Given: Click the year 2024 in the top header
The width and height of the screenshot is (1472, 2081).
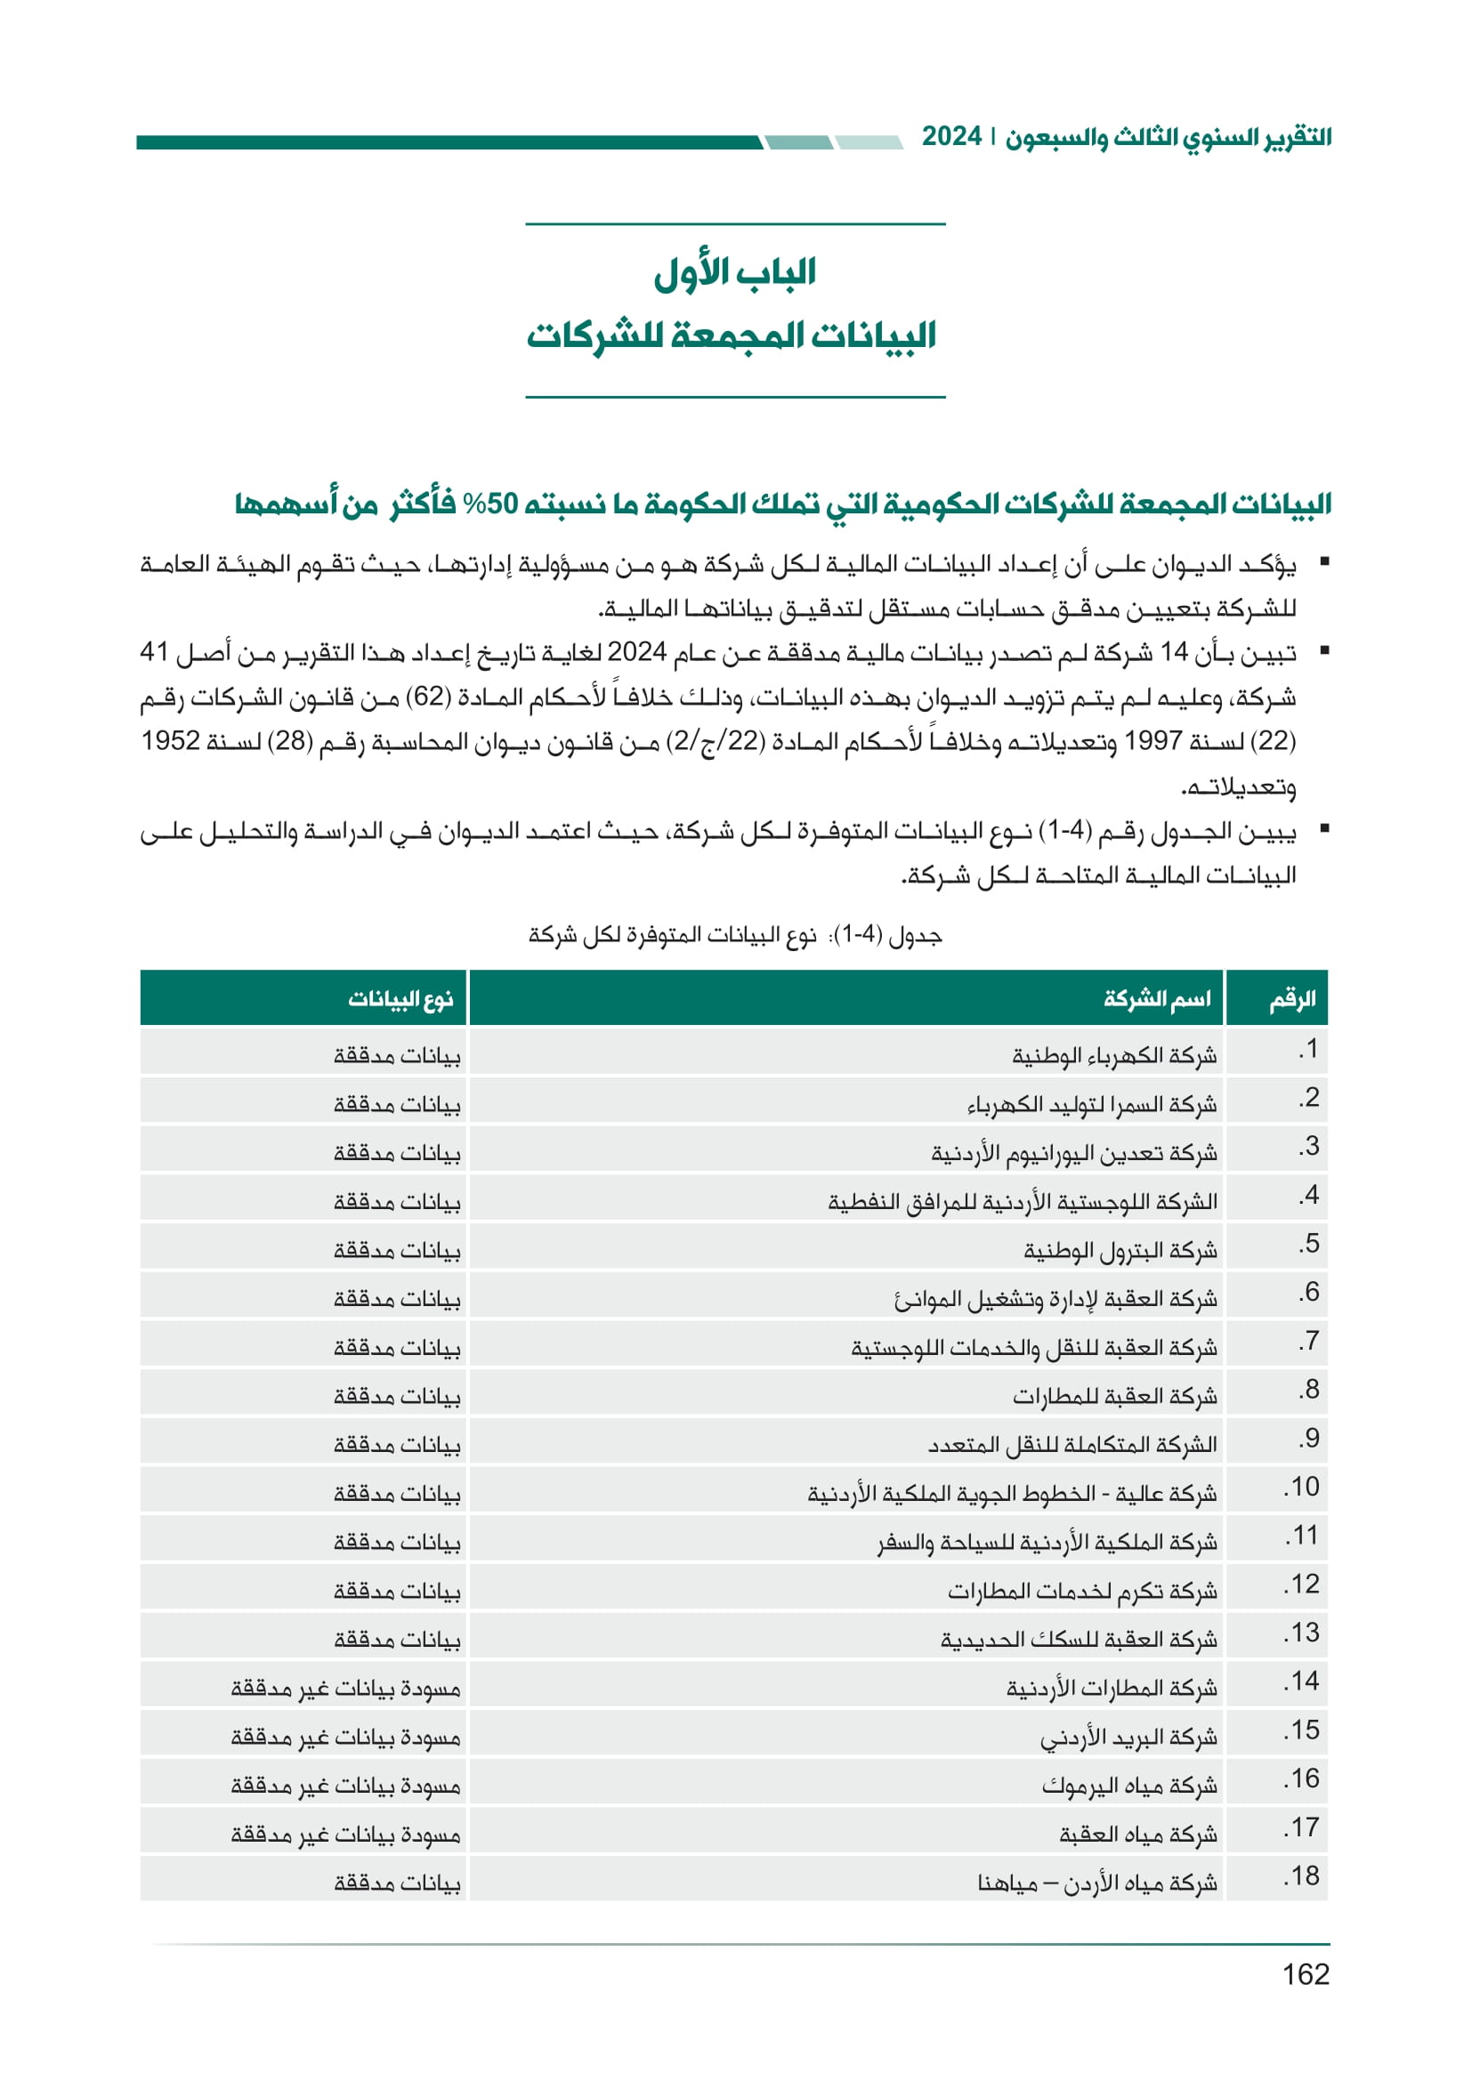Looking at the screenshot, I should pyautogui.click(x=951, y=137).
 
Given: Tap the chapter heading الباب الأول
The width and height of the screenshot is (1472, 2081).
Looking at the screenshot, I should pyautogui.click(x=735, y=272).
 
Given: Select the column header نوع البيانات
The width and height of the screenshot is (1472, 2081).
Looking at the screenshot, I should pyautogui.click(x=400, y=999).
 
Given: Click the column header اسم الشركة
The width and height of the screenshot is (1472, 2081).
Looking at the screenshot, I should pyautogui.click(x=1157, y=999).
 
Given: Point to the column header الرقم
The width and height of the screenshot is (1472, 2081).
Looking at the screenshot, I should pyautogui.click(x=1291, y=999).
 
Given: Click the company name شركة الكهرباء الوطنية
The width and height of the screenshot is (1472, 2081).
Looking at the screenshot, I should pyautogui.click(x=1114, y=1056).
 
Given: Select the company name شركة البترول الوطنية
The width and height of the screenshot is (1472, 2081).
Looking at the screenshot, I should pyautogui.click(x=1120, y=1251).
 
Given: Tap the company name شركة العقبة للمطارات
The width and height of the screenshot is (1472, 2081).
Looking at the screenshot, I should pyautogui.click(x=1115, y=1397).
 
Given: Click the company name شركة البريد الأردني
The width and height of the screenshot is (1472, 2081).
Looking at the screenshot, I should pyautogui.click(x=1128, y=1738).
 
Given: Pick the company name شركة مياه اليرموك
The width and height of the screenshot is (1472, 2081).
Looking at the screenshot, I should pyautogui.click(x=1129, y=1787).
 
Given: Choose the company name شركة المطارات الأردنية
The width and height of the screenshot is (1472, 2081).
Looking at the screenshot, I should pyautogui.click(x=1112, y=1689).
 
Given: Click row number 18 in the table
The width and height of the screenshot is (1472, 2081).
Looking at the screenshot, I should pyautogui.click(x=1302, y=1876).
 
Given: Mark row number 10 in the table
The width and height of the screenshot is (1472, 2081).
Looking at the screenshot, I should pyautogui.click(x=1302, y=1488).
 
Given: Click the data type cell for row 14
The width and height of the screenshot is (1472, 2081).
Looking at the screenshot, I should pyautogui.click(x=345, y=1689).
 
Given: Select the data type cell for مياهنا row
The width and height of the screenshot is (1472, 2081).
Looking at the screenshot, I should pyautogui.click(x=397, y=1883).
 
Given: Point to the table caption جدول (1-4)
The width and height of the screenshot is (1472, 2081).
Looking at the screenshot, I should pyautogui.click(x=735, y=934).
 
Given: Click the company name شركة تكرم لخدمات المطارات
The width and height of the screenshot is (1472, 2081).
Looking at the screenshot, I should pyautogui.click(x=1082, y=1592).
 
